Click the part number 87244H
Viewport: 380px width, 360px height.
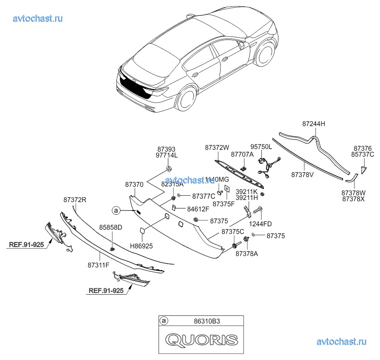tap(314, 124)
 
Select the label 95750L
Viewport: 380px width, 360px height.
tap(261, 146)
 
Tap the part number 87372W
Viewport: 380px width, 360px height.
tap(217, 148)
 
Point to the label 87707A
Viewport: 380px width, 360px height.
tap(242, 155)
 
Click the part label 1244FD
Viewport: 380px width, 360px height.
tap(261, 224)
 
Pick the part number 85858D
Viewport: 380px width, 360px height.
tap(111, 228)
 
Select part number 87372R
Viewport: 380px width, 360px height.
tap(75, 200)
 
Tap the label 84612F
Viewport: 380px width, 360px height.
tap(198, 209)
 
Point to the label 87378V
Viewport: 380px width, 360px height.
tap(303, 174)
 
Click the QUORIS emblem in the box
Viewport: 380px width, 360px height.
tap(201, 339)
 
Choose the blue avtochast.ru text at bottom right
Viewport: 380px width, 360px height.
tap(341, 341)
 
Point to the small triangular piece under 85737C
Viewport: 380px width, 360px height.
tap(362, 170)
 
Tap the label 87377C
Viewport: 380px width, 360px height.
tap(204, 196)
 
